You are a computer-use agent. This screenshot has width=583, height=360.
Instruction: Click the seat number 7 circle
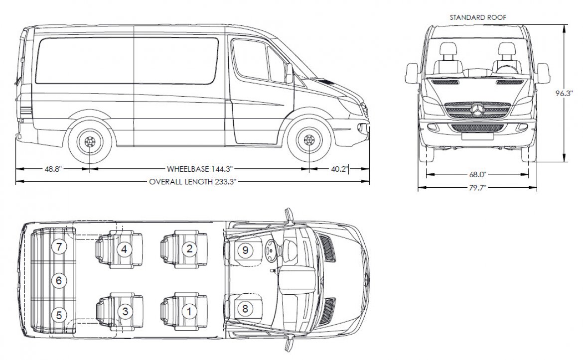pos(59,246)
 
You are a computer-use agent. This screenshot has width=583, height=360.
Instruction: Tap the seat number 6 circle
pos(59,280)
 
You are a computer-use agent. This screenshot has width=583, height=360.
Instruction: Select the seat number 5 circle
pos(59,315)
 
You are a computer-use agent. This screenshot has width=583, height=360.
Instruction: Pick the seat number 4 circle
pos(124,249)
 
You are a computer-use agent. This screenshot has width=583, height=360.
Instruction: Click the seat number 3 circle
pos(125,311)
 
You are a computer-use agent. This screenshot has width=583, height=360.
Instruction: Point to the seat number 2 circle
pos(189,248)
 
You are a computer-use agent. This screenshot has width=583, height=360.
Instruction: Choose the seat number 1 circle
pos(189,311)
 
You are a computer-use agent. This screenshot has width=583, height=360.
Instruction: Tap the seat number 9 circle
pos(245,250)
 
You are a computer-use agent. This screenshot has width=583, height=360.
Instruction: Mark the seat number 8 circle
pos(245,308)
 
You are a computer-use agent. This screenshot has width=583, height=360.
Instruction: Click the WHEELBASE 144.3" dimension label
pos(200,169)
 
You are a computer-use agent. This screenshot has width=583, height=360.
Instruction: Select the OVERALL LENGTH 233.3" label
pos(193,182)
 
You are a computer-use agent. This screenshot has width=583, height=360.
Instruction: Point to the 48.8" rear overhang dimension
pos(53,169)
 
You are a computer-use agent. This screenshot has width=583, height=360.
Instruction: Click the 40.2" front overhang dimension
pos(339,169)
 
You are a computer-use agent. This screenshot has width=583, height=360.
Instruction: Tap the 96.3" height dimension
pos(563,94)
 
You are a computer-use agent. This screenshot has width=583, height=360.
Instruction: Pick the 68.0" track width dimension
pos(477,174)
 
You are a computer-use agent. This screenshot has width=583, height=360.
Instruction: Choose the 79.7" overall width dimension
pos(477,188)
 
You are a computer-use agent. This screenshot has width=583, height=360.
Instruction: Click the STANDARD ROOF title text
pos(478,17)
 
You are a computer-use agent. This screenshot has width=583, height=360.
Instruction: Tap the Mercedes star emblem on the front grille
pos(477,111)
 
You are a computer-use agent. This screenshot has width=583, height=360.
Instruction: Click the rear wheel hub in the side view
pos(90,141)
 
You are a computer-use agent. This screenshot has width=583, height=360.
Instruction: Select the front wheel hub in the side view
pos(308,140)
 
